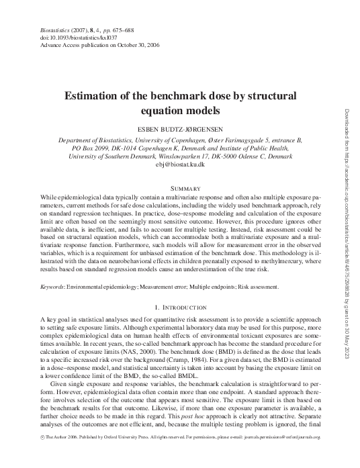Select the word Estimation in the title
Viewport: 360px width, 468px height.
pos(91,96)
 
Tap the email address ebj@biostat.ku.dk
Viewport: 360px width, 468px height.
pos(179,164)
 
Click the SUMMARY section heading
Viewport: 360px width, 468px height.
pos(179,183)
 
